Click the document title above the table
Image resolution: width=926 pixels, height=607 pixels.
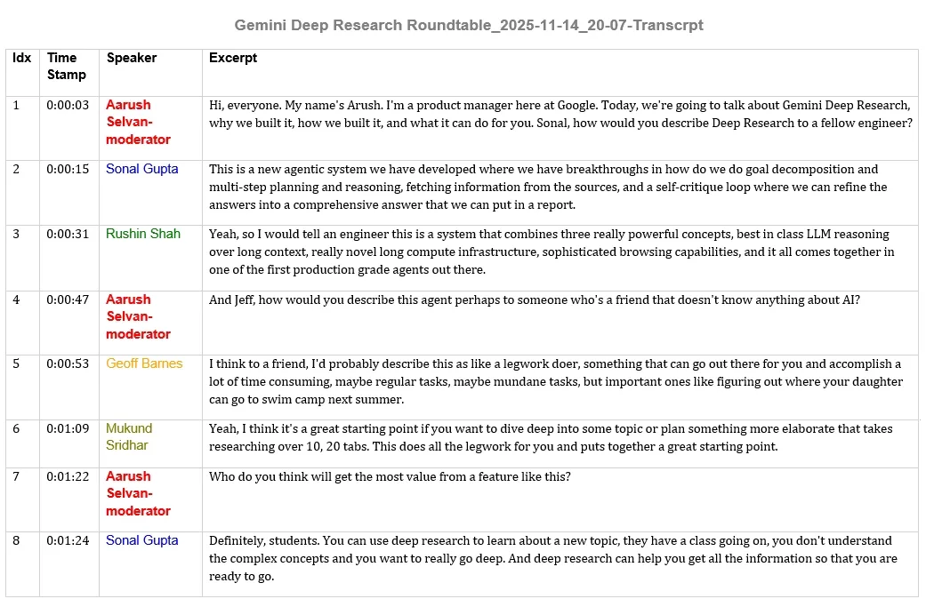469,25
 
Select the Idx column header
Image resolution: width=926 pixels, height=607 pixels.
21,58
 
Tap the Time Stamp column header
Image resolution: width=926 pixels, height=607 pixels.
67,66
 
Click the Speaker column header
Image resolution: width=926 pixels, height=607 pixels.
132,58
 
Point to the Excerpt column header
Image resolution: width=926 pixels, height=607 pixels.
233,58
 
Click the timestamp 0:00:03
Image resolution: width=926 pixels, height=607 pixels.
68,105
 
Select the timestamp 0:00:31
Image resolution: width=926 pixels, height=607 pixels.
68,234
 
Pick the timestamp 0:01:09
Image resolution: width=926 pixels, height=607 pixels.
68,428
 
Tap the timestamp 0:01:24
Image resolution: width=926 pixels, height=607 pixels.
68,540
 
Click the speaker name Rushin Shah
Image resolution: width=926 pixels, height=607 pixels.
143,234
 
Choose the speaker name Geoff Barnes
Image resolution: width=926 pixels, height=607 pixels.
144,363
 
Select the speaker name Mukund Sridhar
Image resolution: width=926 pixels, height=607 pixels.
129,436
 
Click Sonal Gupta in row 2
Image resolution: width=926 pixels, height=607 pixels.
142,169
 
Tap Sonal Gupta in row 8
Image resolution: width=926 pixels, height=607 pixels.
142,540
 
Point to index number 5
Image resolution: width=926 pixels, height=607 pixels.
16,363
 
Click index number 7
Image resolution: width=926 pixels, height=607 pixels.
16,476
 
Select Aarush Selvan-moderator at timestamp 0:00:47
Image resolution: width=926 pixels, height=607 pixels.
138,316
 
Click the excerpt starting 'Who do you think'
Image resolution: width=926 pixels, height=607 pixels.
390,476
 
